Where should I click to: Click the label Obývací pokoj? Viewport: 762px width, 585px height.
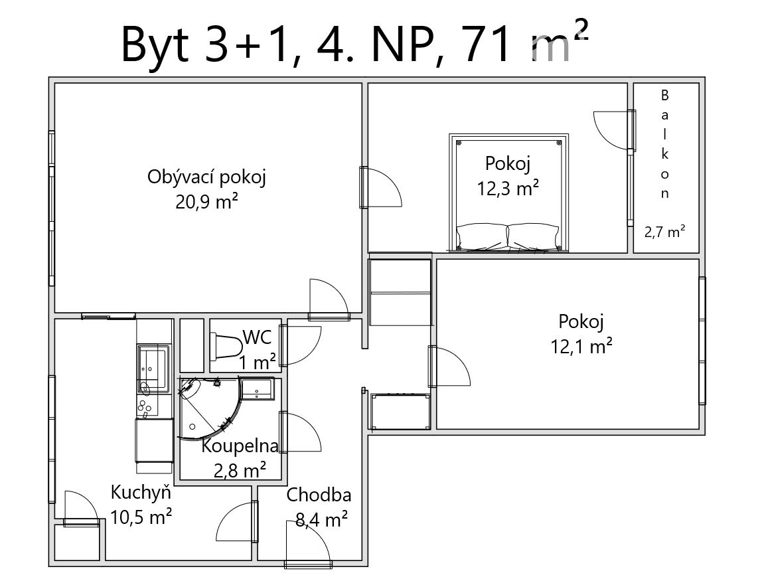click(x=206, y=177)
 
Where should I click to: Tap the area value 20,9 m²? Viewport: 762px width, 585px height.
click(x=206, y=201)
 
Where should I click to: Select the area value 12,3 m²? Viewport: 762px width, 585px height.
click(x=508, y=188)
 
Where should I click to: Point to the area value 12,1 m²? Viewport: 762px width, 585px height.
click(x=581, y=346)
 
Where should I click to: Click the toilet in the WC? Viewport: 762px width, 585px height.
click(x=226, y=346)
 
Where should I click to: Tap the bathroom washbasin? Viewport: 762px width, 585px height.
click(x=257, y=389)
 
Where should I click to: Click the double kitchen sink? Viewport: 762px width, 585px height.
click(x=153, y=368)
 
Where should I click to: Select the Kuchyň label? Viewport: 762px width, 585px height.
click(x=141, y=493)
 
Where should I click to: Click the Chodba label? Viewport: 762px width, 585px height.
click(x=319, y=495)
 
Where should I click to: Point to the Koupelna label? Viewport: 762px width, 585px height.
click(x=240, y=446)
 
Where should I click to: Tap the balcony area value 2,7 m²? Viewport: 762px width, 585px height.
click(x=665, y=232)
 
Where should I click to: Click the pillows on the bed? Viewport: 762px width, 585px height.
click(x=508, y=236)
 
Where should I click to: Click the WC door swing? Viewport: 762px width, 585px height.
click(x=300, y=346)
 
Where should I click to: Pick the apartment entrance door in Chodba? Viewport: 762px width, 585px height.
click(x=308, y=544)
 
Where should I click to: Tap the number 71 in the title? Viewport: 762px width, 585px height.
click(x=487, y=45)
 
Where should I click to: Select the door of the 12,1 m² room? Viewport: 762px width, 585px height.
click(x=449, y=366)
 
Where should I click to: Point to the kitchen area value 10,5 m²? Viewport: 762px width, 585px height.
click(x=141, y=517)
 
